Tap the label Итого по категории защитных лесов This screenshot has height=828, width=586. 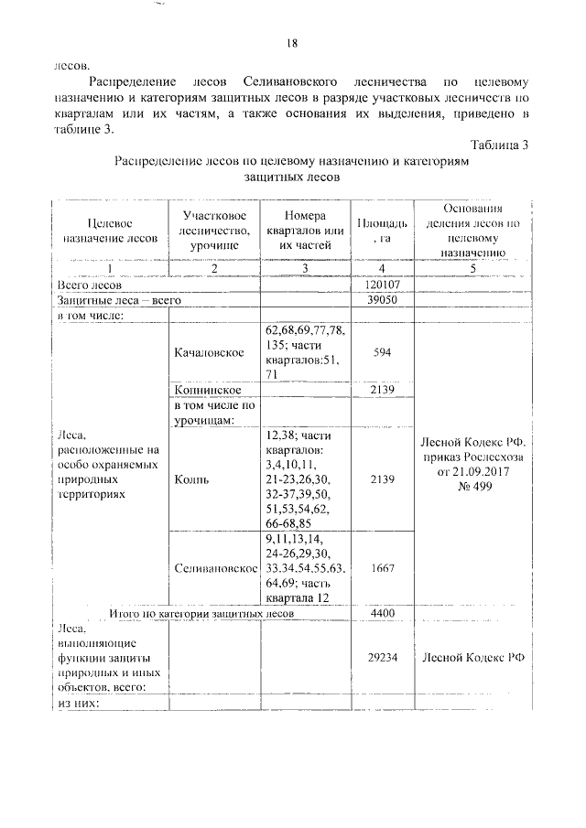(201, 613)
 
